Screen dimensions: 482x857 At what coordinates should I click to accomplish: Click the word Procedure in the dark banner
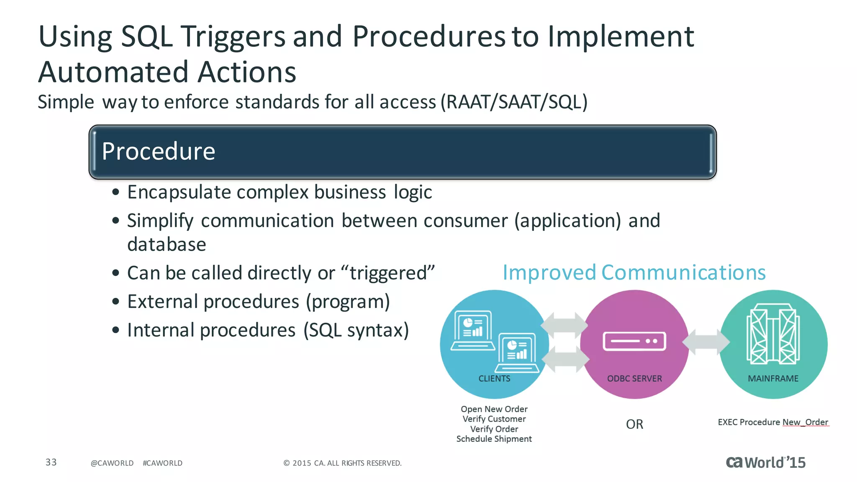click(x=158, y=151)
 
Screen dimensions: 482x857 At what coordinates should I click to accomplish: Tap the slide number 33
click(x=51, y=462)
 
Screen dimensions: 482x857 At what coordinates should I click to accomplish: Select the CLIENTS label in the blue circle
click(x=494, y=379)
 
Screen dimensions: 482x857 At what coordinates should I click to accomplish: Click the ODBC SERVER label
click(x=634, y=379)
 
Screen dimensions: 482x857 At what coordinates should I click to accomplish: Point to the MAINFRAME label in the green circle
click(x=773, y=379)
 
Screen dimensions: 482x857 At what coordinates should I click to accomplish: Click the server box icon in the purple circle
click(x=634, y=341)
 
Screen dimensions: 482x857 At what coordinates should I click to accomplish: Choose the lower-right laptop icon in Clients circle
click(x=518, y=353)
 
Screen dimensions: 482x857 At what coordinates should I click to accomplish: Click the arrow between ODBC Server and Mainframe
click(x=706, y=342)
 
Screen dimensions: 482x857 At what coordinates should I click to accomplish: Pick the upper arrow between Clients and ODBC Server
click(x=564, y=325)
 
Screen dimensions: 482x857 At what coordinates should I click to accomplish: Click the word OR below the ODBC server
click(x=634, y=424)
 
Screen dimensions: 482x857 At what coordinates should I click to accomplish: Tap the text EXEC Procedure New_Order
click(x=773, y=422)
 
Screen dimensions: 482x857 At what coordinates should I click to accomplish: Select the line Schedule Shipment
click(x=494, y=439)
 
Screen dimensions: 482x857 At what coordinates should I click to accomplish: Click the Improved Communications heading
click(x=634, y=273)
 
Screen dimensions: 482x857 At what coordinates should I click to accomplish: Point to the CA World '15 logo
click(x=765, y=462)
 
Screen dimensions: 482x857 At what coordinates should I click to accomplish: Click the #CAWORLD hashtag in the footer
click(x=162, y=463)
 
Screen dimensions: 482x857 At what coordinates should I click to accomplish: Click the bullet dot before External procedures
click(x=116, y=302)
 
